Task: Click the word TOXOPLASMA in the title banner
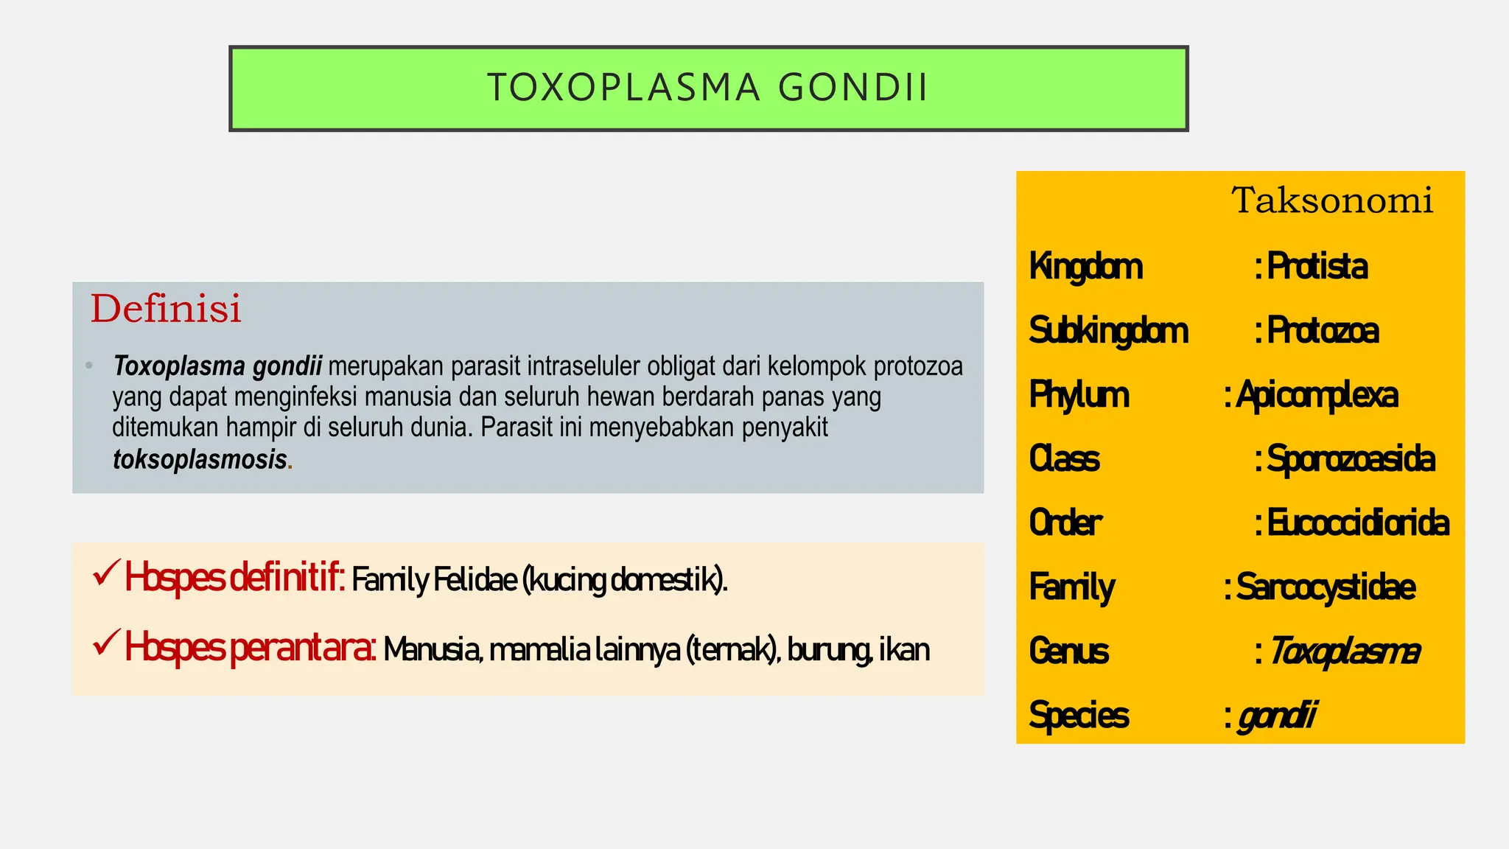click(623, 88)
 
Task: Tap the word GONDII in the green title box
click(852, 88)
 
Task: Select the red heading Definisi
click(166, 309)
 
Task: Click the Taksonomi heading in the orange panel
click(1332, 200)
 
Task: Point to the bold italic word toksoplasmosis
click(200, 459)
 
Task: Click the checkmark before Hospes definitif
click(106, 573)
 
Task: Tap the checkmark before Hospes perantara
click(106, 643)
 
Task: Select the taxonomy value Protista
click(1317, 267)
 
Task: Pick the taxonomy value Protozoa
click(1323, 331)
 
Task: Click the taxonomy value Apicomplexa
click(1317, 395)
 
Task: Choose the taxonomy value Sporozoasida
click(1351, 459)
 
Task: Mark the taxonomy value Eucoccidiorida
click(1358, 523)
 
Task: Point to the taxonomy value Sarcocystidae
click(1326, 587)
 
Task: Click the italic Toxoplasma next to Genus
click(1344, 651)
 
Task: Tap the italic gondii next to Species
click(1277, 716)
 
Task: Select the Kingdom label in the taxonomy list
click(1085, 267)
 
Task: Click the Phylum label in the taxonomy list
click(1079, 395)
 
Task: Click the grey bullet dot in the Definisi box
click(89, 366)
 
